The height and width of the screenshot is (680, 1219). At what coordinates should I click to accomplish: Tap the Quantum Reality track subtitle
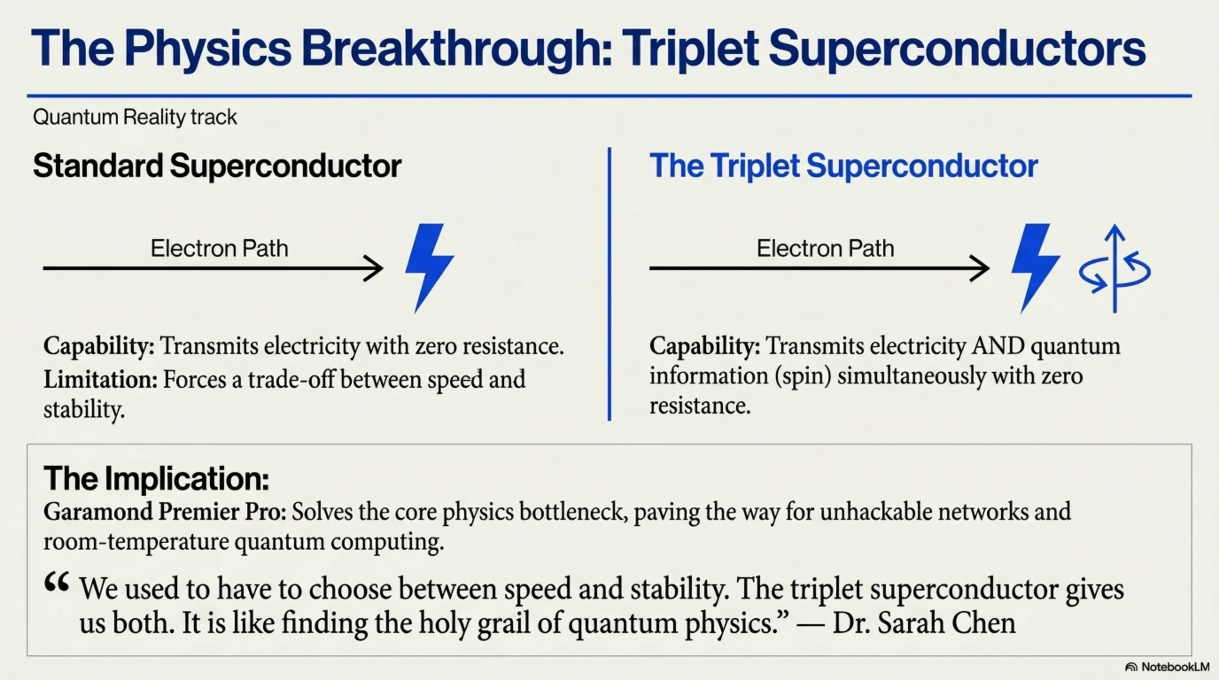coord(135,117)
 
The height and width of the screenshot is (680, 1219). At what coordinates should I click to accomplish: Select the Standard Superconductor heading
coord(217,166)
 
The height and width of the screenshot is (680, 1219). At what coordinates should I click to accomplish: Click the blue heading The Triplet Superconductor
coord(844,166)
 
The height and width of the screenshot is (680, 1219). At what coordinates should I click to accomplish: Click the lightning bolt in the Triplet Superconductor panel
coord(1035,268)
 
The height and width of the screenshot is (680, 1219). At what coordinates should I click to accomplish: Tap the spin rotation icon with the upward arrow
coord(1115,269)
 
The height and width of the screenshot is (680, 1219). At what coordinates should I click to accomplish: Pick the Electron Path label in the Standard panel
coord(219,248)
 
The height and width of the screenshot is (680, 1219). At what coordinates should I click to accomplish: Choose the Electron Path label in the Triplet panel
coord(825,248)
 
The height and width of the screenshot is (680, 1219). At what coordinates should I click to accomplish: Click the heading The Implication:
coord(157,479)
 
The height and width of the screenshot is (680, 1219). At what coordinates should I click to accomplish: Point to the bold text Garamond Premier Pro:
coord(165,512)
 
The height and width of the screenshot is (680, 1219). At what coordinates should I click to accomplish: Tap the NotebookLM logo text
coord(1176,667)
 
